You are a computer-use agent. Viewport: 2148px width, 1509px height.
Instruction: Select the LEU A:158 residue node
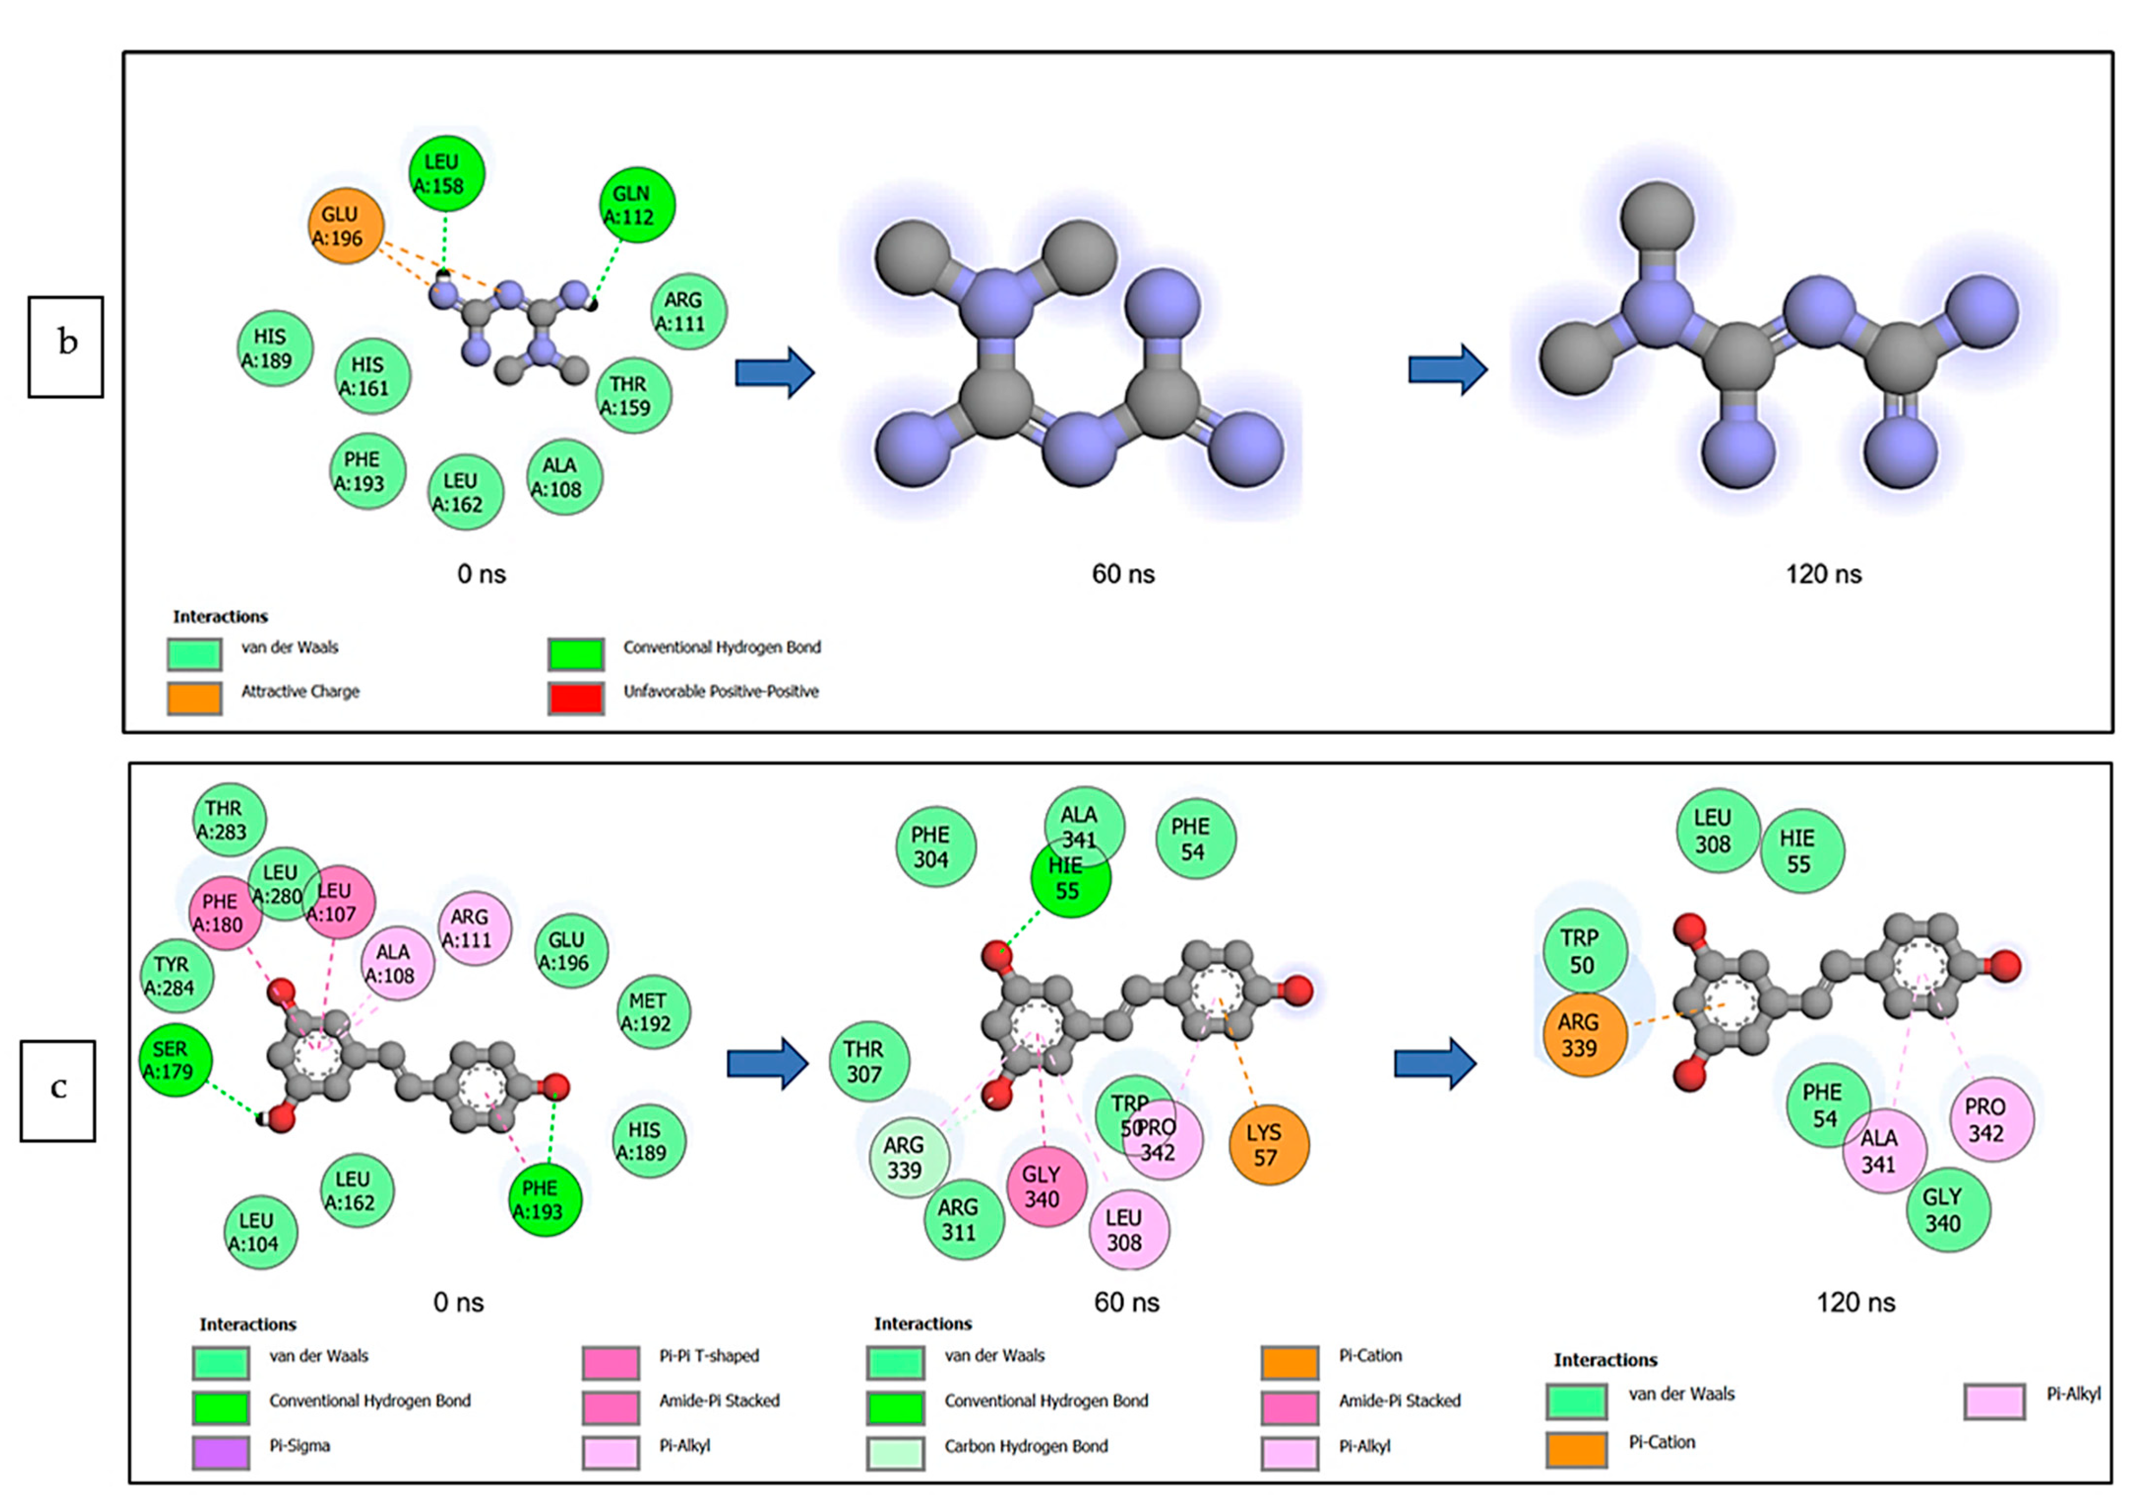[446, 173]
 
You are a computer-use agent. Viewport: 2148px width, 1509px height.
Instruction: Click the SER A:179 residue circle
[175, 1060]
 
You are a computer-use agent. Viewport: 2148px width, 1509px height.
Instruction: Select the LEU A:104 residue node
[261, 1232]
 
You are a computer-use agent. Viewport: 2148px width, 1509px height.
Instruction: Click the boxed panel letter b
[65, 346]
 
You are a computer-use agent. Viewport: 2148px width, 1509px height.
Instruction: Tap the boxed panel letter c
[58, 1090]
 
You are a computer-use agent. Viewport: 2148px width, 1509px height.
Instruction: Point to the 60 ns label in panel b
[1123, 574]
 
